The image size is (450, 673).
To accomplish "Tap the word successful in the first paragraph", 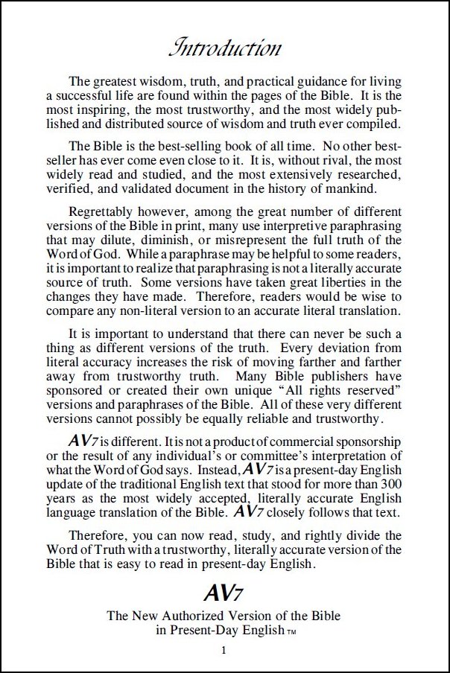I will point(77,108).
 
